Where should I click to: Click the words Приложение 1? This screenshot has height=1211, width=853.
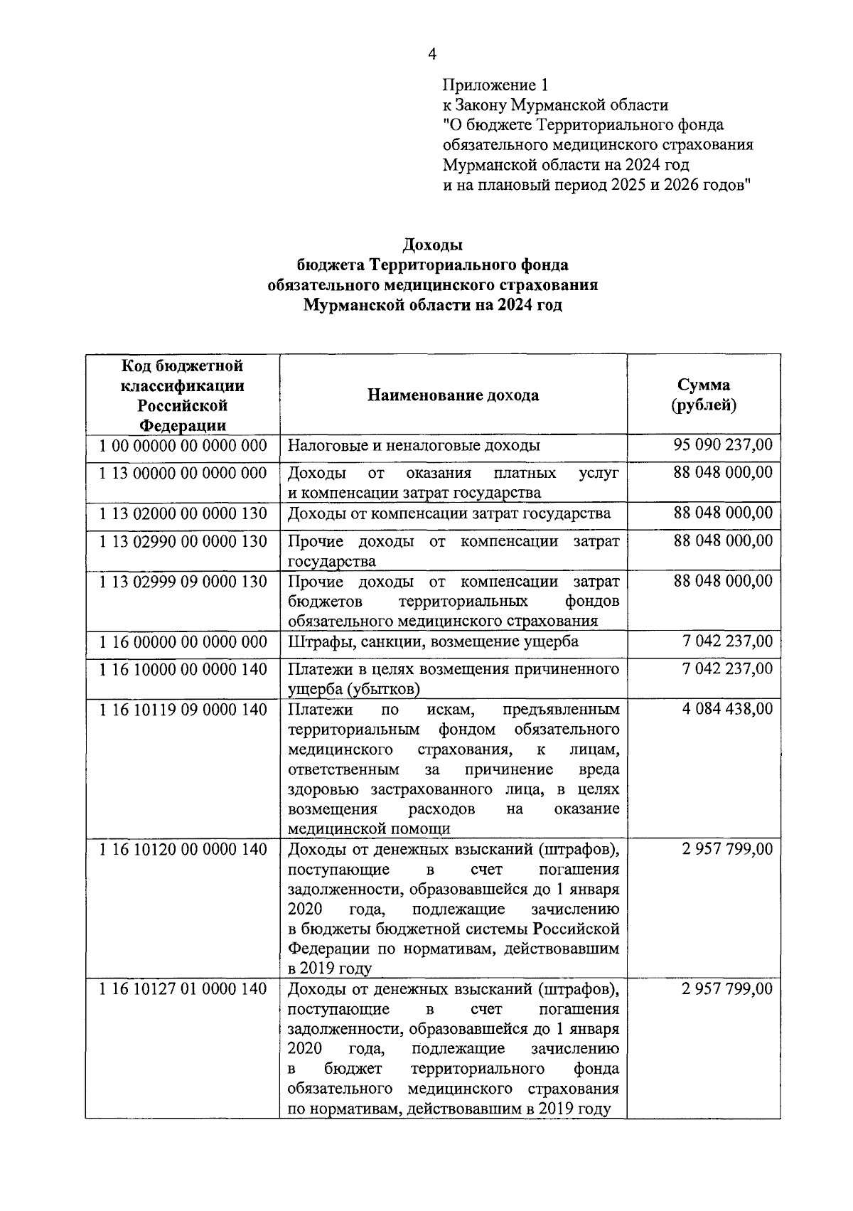495,85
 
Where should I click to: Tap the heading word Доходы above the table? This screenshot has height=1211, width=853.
433,245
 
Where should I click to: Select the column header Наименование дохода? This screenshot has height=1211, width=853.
453,395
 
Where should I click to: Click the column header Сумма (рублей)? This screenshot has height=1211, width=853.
703,395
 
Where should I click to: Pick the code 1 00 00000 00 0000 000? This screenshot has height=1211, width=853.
183,446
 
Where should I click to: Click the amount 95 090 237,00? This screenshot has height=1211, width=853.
722,446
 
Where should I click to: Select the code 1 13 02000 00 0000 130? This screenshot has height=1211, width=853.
183,513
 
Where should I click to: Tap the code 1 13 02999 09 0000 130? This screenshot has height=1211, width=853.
183,582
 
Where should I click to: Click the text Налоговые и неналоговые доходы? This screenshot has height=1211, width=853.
414,446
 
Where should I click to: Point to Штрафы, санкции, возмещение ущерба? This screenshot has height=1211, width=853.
433,642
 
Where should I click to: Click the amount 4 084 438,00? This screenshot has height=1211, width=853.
726,709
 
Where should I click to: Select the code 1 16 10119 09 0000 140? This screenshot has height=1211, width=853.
183,709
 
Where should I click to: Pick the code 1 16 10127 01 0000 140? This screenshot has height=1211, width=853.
183,988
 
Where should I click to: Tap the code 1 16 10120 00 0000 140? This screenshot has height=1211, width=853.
183,849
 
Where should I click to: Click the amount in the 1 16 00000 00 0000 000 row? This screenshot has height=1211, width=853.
726,642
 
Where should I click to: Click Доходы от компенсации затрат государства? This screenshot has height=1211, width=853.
449,513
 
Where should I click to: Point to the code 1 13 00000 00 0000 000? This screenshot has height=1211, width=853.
183,474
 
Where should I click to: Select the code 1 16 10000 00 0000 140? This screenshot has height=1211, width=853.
183,669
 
